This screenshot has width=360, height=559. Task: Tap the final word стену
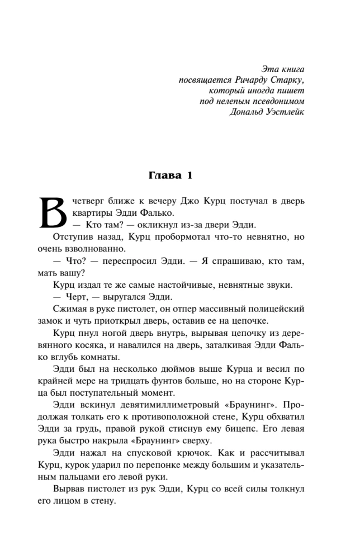(104, 501)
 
